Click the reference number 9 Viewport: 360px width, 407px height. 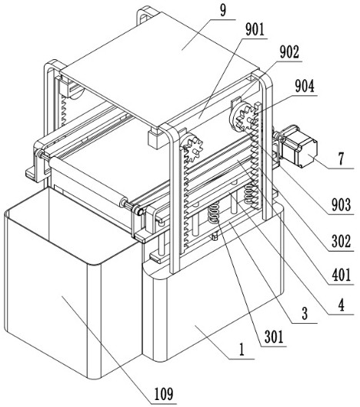tap(223, 11)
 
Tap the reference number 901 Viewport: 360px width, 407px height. tap(255, 29)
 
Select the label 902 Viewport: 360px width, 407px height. tap(289, 52)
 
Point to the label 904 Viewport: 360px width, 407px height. tap(305, 86)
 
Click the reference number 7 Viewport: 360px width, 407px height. tap(342, 158)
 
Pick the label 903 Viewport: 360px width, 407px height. tap(342, 205)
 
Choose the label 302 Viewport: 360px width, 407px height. tap(342, 241)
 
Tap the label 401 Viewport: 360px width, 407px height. tap(342, 275)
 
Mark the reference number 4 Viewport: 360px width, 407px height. tap(342, 305)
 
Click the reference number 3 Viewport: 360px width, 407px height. tap(305, 313)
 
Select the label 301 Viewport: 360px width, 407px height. tap(274, 337)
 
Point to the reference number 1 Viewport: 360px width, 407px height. tap(242, 349)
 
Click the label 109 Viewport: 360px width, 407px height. tap(164, 394)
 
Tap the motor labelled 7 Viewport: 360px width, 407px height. tap(298, 145)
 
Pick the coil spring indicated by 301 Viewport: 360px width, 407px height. tap(215, 212)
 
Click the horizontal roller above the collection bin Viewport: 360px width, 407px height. tap(88, 182)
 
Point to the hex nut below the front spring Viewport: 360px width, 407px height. tap(215, 236)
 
